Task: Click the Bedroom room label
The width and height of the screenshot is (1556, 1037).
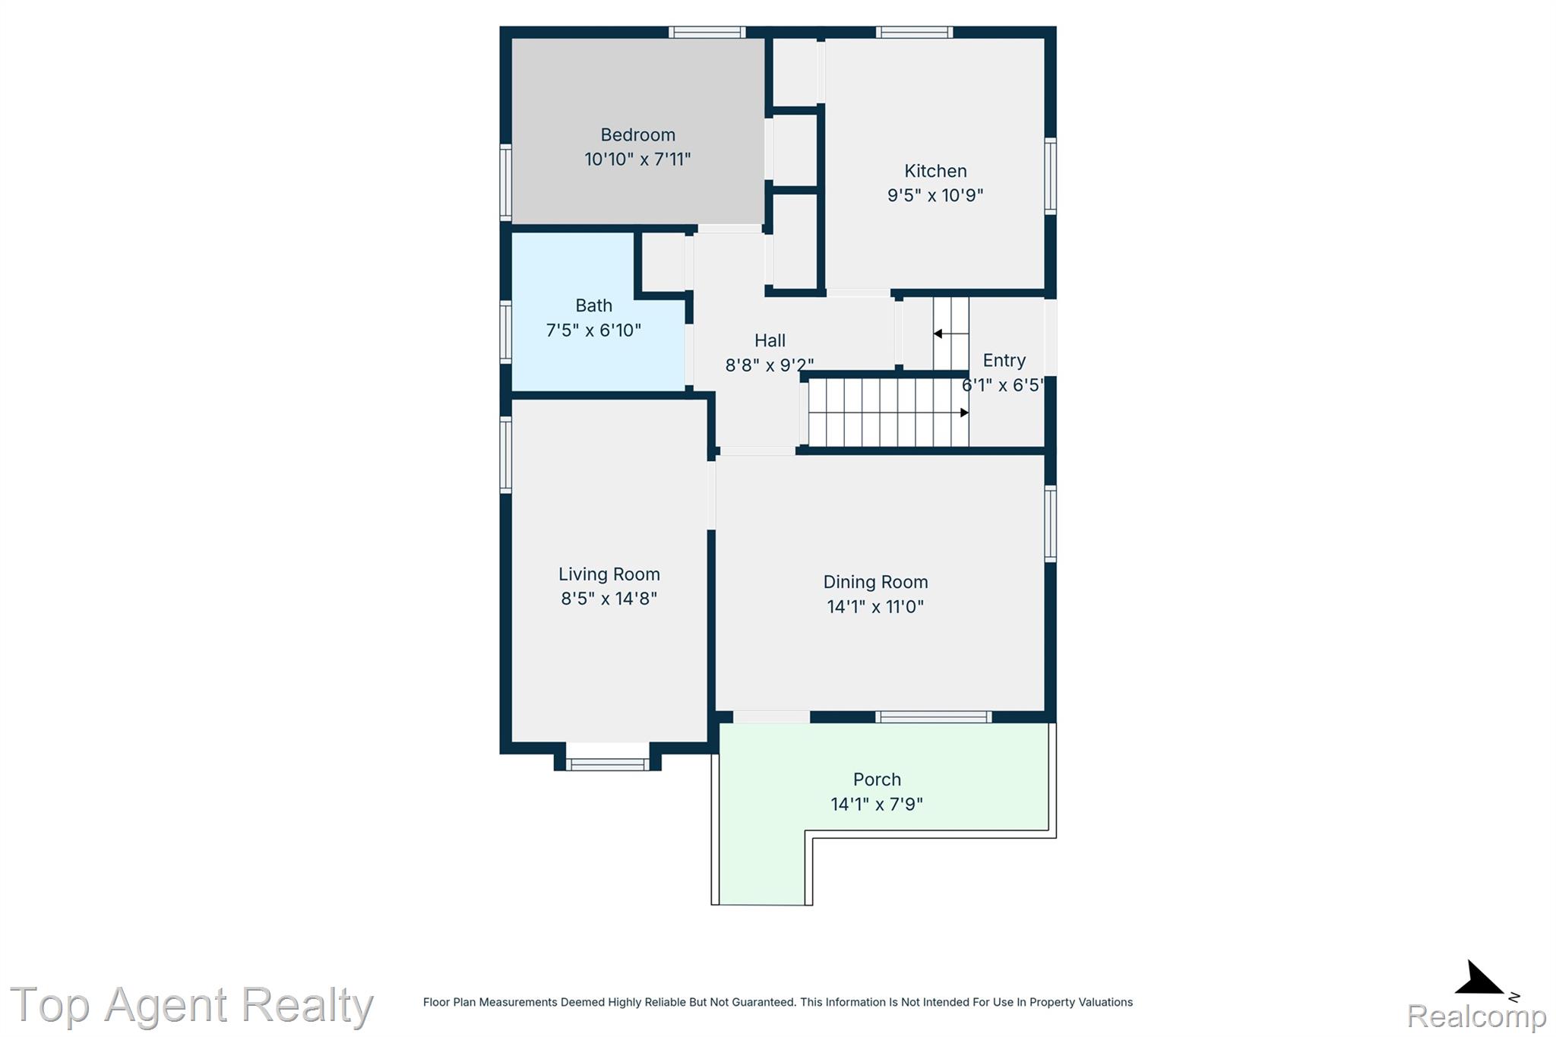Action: (637, 135)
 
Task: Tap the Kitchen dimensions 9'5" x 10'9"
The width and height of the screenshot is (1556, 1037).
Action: (935, 195)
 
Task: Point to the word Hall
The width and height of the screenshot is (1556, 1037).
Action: (770, 340)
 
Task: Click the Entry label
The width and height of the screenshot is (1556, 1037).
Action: (1004, 360)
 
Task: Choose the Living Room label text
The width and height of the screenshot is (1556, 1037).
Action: (609, 574)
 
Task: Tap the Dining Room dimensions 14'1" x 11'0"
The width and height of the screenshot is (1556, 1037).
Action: (875, 606)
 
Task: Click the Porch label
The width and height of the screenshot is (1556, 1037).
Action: (877, 779)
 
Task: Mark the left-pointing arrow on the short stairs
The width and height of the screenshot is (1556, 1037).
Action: (950, 334)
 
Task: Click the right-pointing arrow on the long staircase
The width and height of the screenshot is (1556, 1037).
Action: (888, 413)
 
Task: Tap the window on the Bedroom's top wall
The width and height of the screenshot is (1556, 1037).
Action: (707, 32)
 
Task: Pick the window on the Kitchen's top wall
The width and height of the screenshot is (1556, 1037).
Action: (914, 32)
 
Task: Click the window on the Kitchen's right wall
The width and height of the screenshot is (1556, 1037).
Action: (1050, 176)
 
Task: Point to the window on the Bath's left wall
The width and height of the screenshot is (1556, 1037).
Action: (505, 332)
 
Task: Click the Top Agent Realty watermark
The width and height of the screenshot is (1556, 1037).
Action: (191, 1005)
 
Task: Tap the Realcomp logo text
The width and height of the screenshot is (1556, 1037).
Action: (1476, 1016)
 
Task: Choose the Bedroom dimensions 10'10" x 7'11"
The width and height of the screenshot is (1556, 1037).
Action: (637, 160)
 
